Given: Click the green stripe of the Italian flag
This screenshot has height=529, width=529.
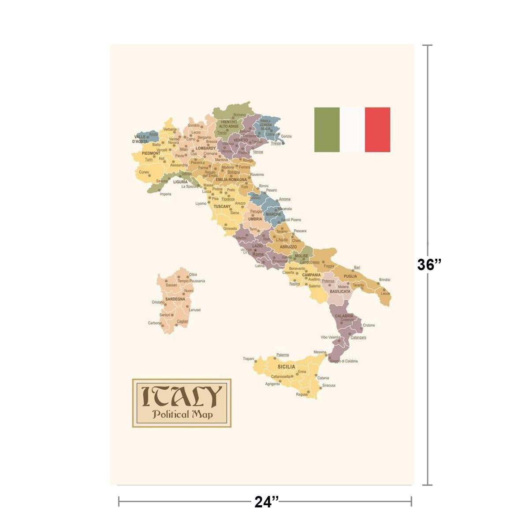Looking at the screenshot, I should pos(327,130).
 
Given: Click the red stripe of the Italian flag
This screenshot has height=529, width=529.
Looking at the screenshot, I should pos(377,130).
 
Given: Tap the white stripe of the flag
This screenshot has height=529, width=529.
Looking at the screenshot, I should pos(352,130).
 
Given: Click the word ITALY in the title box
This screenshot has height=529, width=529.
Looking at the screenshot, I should pos(182,397).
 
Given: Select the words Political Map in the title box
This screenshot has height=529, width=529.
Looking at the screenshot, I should pos(182,414).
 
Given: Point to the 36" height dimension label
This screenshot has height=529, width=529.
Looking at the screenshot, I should pos(429,264).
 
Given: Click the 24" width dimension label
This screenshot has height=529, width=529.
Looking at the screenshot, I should pos(267,502).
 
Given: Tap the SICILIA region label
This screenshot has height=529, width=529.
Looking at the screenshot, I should pos(286,367).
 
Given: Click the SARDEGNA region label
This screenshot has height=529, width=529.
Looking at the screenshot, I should pos(175,299).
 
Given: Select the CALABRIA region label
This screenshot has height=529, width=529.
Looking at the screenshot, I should pos(344,316).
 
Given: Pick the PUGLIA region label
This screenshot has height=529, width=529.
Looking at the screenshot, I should pos(350,276).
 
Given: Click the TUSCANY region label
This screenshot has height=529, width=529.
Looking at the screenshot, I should pos(222,206).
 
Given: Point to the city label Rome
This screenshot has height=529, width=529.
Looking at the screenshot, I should pos(258,254).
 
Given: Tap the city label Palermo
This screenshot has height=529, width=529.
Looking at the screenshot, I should pos(283,355).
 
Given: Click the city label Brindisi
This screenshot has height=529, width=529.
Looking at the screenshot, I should pos(384,279).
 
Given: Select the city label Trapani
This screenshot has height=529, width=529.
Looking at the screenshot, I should pos(249,359).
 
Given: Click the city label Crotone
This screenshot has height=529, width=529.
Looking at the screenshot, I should pos(369,325).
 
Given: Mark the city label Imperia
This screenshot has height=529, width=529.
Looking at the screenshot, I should pos(165,194).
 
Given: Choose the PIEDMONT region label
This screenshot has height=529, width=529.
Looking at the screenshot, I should pos(151,153).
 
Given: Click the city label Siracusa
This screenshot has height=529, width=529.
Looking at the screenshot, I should pos(328,385).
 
